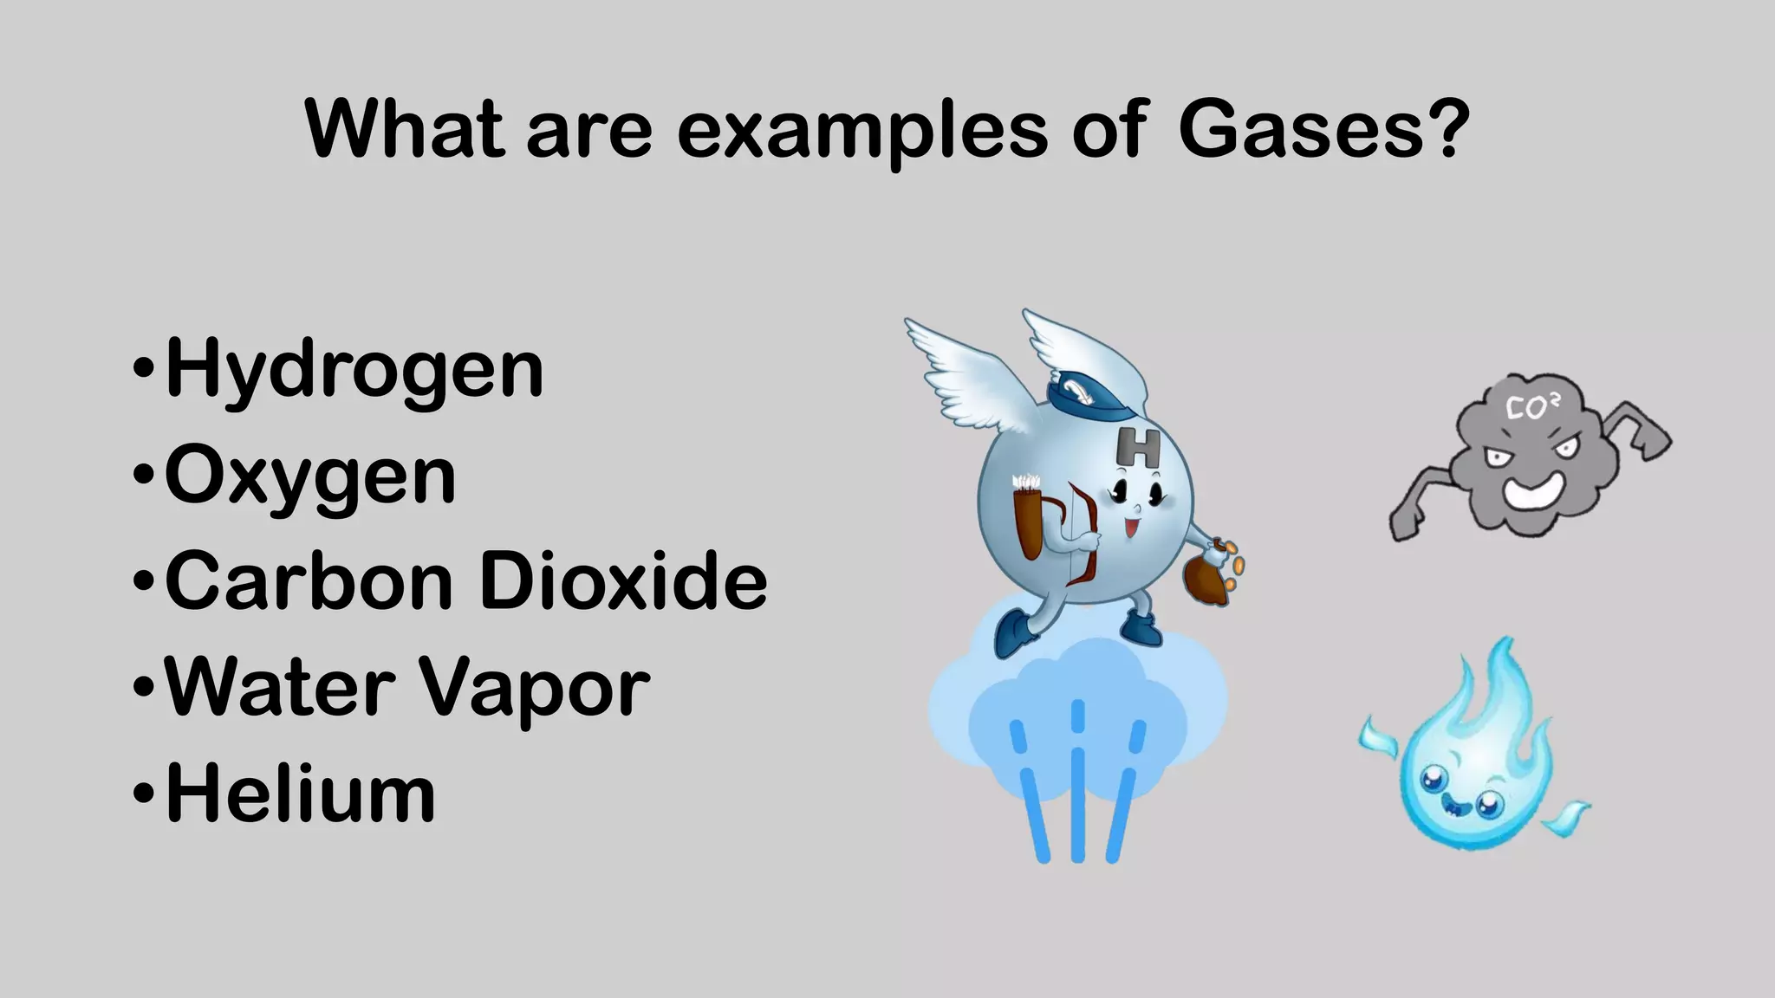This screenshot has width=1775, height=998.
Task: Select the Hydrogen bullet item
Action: point(354,370)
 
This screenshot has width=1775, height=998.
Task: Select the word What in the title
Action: point(404,130)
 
